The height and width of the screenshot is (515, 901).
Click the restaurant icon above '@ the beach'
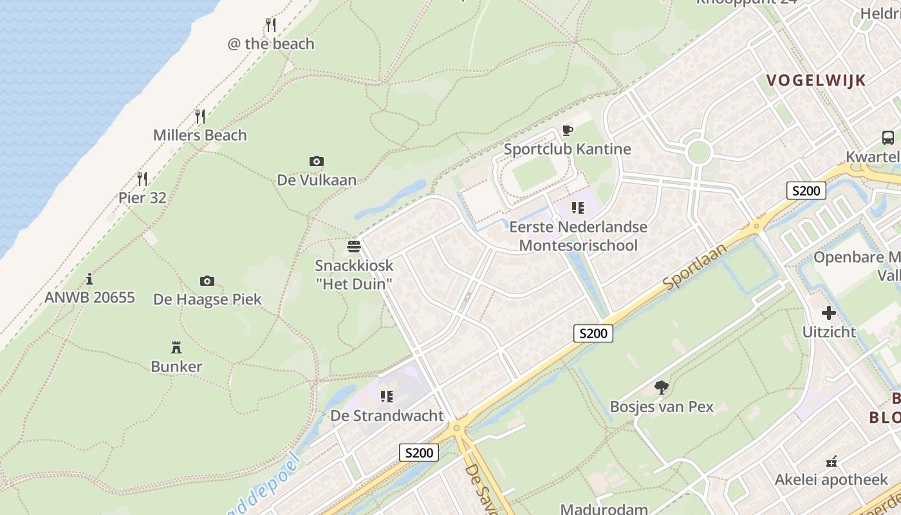point(271,25)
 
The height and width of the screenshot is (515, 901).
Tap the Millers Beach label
point(200,135)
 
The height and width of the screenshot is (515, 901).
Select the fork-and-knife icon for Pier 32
point(142,178)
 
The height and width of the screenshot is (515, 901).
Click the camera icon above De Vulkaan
point(316,161)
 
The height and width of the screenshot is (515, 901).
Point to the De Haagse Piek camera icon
point(207,281)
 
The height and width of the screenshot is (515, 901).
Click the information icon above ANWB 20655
point(89,279)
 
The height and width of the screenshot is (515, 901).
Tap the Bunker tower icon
point(176,348)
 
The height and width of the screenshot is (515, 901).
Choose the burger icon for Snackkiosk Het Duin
point(353,246)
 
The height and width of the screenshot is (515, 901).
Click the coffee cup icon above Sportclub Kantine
point(567,131)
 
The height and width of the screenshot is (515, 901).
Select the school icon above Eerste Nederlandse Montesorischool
point(578,208)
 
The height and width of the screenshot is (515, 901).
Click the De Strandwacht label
point(387,416)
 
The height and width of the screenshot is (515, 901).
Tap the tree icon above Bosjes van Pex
point(661,387)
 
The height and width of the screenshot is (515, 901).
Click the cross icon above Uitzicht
point(829,313)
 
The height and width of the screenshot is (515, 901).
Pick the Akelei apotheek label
point(831,480)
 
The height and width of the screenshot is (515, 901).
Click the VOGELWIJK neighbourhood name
point(815,80)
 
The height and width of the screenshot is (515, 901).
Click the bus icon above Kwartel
point(887,137)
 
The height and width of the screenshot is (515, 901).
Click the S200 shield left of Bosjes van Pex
point(593,333)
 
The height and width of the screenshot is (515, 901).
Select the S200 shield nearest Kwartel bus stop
point(806,191)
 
